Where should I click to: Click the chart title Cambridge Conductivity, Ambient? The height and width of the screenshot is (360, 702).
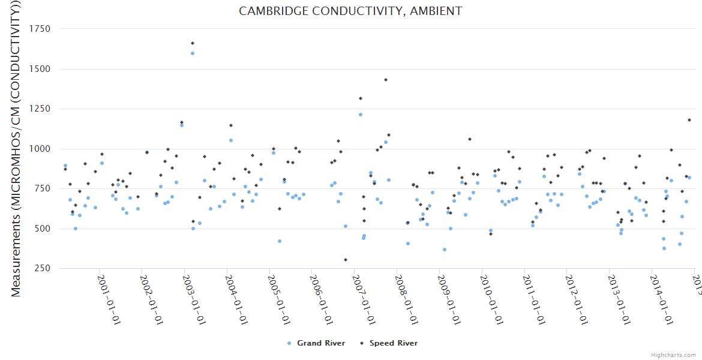pyautogui.click(x=350, y=11)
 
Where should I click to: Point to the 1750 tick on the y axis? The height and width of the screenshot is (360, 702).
pyautogui.click(x=40, y=29)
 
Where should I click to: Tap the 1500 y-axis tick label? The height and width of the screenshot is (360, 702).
pyautogui.click(x=40, y=69)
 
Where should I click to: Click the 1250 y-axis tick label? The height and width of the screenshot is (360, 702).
pyautogui.click(x=40, y=109)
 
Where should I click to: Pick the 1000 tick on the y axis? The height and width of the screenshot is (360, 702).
pyautogui.click(x=40, y=149)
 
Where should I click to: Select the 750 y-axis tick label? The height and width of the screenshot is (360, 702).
pyautogui.click(x=42, y=188)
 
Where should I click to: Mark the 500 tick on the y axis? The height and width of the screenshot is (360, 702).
pyautogui.click(x=42, y=229)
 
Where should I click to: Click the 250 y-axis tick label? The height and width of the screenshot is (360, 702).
pyautogui.click(x=42, y=268)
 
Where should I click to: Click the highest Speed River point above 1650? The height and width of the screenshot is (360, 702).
pyautogui.click(x=193, y=43)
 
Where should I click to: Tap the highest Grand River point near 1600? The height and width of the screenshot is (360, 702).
pyautogui.click(x=193, y=53)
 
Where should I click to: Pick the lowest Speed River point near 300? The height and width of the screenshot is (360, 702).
pyautogui.click(x=346, y=260)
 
